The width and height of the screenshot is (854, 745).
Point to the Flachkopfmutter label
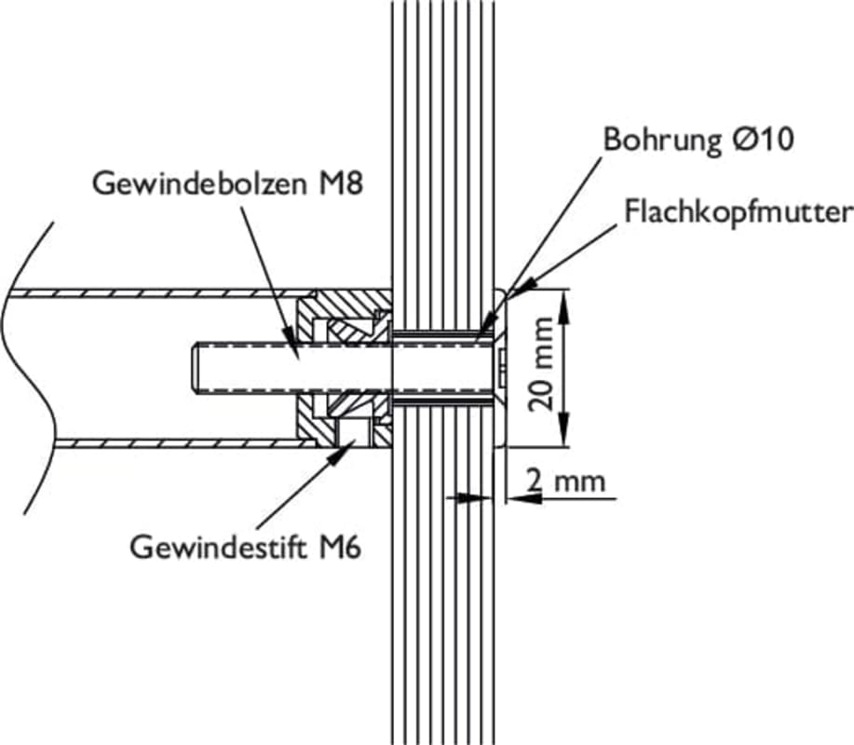[x=738, y=212]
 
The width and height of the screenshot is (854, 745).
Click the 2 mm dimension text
[x=564, y=481]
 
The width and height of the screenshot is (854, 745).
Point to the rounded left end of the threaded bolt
[x=196, y=369]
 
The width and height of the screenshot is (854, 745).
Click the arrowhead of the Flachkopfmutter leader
[x=515, y=291]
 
